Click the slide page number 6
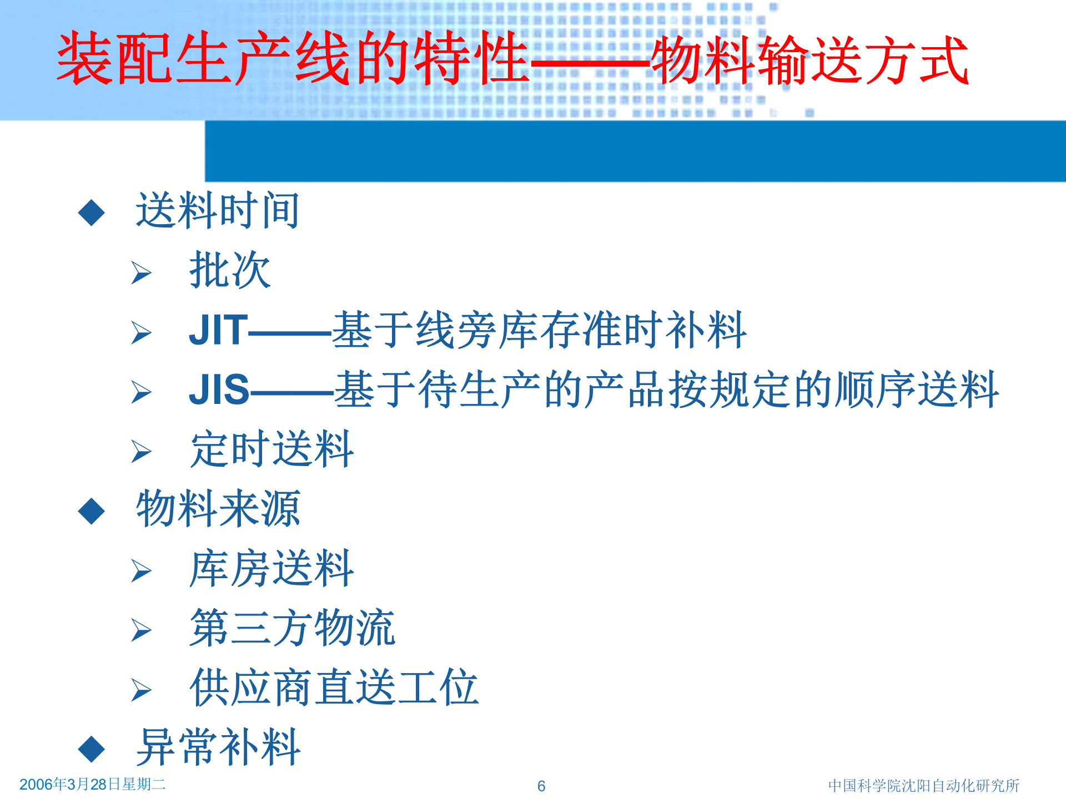[541, 786]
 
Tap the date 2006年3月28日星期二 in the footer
[92, 784]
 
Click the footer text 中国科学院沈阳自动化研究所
[923, 786]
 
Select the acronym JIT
[218, 330]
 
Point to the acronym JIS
[219, 390]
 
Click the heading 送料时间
[218, 211]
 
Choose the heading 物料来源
[218, 509]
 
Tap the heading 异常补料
[218, 747]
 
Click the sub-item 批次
[230, 270]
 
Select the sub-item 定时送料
[271, 449]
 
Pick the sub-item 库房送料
[271, 569]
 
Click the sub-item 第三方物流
[292, 628]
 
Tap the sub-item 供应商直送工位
[334, 688]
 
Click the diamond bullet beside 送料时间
[92, 213]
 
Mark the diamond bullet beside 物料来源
[92, 511]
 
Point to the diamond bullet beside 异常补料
[92, 749]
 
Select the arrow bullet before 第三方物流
[141, 630]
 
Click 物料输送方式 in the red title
[810, 60]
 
